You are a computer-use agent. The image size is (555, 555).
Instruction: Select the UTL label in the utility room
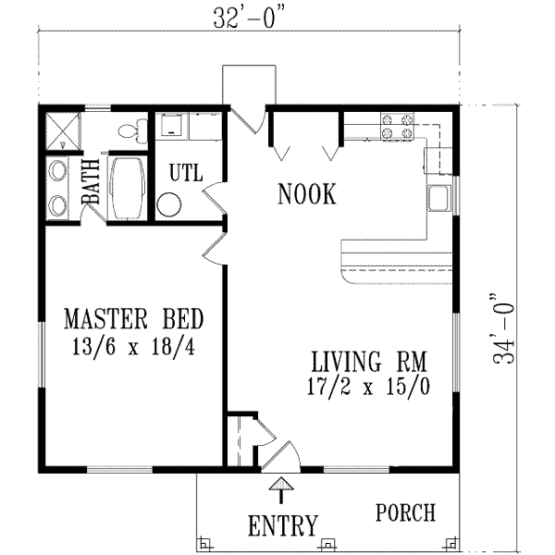(185, 173)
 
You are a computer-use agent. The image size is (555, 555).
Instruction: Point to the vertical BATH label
(92, 183)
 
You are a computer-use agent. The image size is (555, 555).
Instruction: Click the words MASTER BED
(134, 321)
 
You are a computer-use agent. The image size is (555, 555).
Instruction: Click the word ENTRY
(283, 525)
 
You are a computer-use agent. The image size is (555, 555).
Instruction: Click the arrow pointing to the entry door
(277, 487)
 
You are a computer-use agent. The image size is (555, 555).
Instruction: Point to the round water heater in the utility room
(169, 204)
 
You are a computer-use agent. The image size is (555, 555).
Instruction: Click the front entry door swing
(282, 454)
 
